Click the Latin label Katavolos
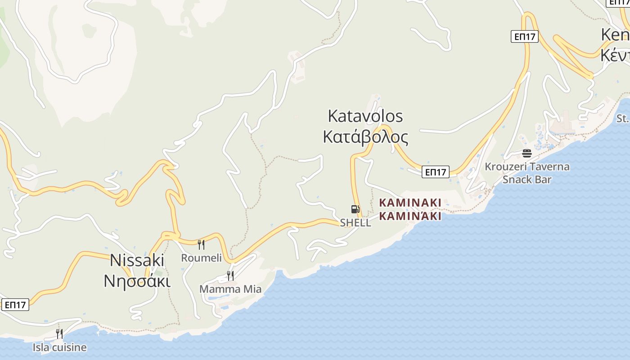(365, 116)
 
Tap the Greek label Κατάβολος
(365, 137)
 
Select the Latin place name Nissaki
(137, 260)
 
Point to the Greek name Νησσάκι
(137, 281)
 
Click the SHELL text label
(355, 223)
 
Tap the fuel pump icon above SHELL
(355, 209)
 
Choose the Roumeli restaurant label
(201, 258)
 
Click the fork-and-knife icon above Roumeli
(201, 244)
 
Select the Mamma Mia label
(230, 289)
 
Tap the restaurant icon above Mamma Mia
(230, 275)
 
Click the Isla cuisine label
(59, 347)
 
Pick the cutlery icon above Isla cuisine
(59, 334)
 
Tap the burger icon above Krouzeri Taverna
(527, 153)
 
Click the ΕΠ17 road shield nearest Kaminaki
(436, 172)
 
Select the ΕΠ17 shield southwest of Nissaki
(15, 305)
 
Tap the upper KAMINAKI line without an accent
(410, 203)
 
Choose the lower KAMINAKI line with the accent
(410, 216)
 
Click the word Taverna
(549, 167)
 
